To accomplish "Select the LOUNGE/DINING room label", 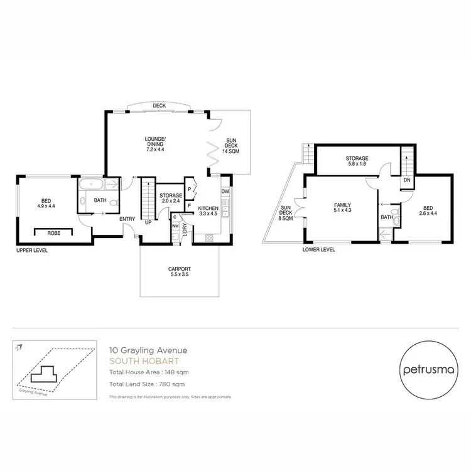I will (x=154, y=144).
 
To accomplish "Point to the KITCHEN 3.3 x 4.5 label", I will (x=208, y=211).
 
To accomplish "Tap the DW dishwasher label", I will (x=225, y=192).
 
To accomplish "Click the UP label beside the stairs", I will (x=148, y=222).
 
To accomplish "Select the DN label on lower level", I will (x=407, y=180).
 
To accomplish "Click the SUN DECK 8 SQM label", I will (x=286, y=214).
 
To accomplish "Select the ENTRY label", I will (x=129, y=219).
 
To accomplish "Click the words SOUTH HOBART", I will (x=136, y=361).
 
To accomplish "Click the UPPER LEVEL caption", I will (x=33, y=250).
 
